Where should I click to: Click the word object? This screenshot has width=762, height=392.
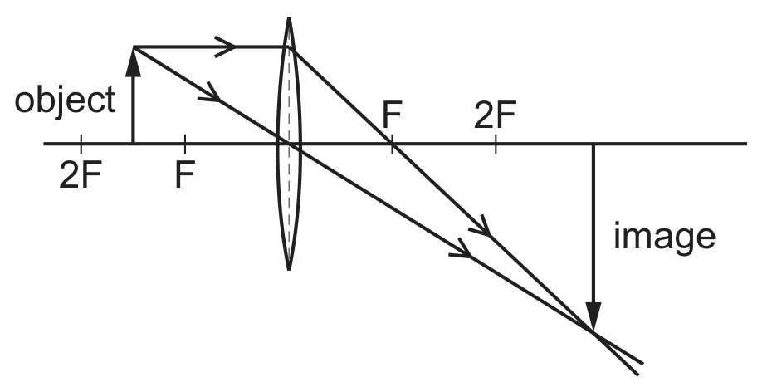[x=65, y=101]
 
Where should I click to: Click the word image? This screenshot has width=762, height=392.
[x=664, y=238]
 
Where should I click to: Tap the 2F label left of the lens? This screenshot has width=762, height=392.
[x=81, y=174]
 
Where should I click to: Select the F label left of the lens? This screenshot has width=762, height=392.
[x=185, y=174]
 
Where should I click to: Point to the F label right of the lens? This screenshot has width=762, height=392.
[x=392, y=115]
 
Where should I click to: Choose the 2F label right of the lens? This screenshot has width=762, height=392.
[x=495, y=115]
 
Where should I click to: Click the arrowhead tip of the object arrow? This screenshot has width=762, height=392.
[x=133, y=47]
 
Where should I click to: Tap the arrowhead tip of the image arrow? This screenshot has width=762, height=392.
[x=593, y=332]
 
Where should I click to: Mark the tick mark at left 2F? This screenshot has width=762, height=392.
[x=81, y=144]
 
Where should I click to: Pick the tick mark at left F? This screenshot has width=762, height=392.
[x=185, y=144]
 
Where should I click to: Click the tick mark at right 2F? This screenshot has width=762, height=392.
[x=496, y=144]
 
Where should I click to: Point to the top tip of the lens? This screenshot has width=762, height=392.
[x=289, y=17]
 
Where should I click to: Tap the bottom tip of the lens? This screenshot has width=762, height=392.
[x=289, y=270]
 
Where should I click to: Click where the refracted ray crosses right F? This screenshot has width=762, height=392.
[x=392, y=144]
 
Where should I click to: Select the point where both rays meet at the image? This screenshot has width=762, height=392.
[x=593, y=332]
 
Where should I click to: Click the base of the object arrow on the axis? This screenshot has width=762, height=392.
[x=133, y=144]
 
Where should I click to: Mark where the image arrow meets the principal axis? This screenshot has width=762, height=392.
[x=593, y=144]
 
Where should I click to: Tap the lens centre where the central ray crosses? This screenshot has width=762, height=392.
[x=289, y=144]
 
